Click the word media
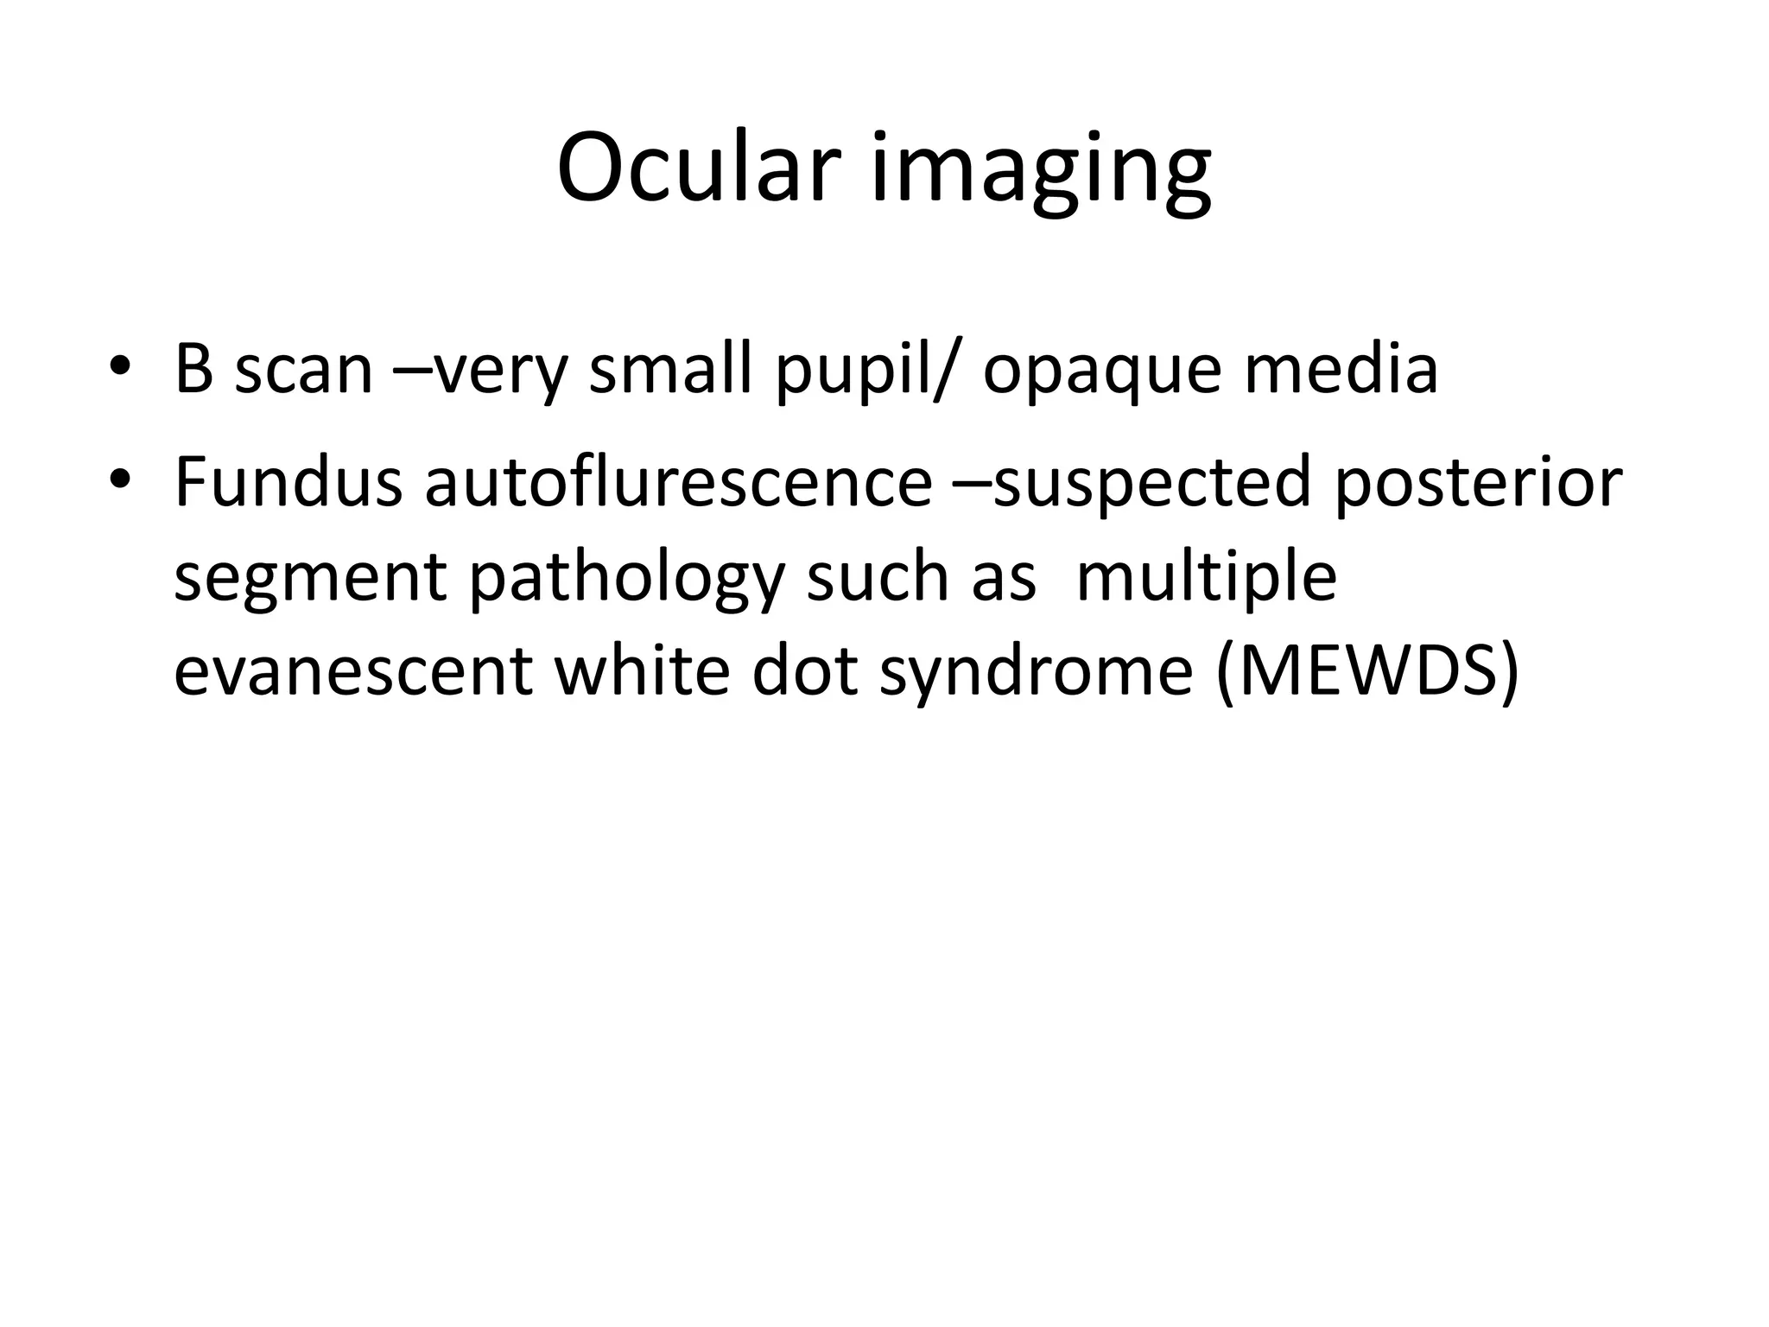pyautogui.click(x=1341, y=369)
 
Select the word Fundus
pyautogui.click(x=288, y=481)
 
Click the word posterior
pyautogui.click(x=1478, y=484)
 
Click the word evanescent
pyautogui.click(x=352, y=671)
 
